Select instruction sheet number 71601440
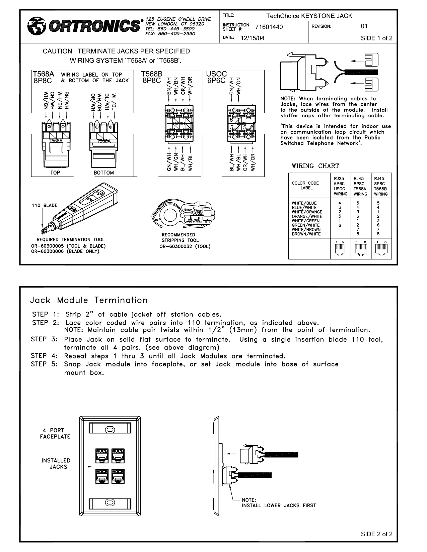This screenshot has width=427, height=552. click(269, 27)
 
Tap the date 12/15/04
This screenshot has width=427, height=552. click(252, 38)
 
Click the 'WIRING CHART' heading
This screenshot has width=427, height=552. click(315, 166)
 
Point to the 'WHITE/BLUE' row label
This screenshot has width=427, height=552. click(304, 203)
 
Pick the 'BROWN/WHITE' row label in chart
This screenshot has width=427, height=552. click(306, 234)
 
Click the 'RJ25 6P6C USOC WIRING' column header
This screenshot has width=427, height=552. click(341, 186)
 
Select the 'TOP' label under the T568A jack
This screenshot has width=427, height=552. click(55, 173)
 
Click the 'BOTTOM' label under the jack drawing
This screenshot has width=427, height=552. click(104, 173)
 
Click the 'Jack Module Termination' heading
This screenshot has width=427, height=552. click(89, 300)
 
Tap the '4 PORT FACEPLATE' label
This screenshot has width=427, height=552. click(55, 433)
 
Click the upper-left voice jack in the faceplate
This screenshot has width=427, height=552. click(102, 455)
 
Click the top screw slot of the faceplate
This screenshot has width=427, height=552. click(110, 429)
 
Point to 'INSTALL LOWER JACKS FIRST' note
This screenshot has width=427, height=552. click(279, 505)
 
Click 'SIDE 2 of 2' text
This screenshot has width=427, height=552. click(376, 534)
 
